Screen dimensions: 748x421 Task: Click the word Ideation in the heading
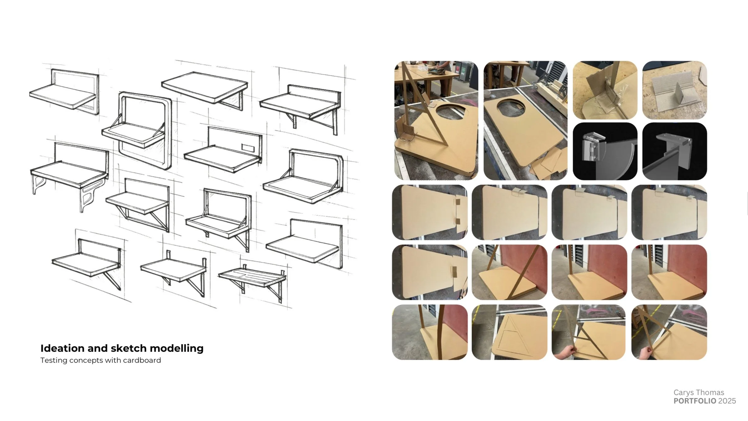point(62,348)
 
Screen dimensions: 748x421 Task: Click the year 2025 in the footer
point(727,401)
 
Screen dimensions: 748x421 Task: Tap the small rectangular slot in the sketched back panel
point(248,148)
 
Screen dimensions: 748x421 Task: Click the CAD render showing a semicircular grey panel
point(605,151)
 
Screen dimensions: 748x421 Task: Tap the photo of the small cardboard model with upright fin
point(674,90)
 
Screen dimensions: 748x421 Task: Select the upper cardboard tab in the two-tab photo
point(458,201)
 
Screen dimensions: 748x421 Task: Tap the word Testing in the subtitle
point(54,360)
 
